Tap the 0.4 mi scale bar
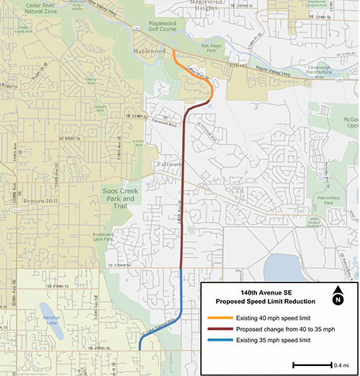[x=312, y=364]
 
